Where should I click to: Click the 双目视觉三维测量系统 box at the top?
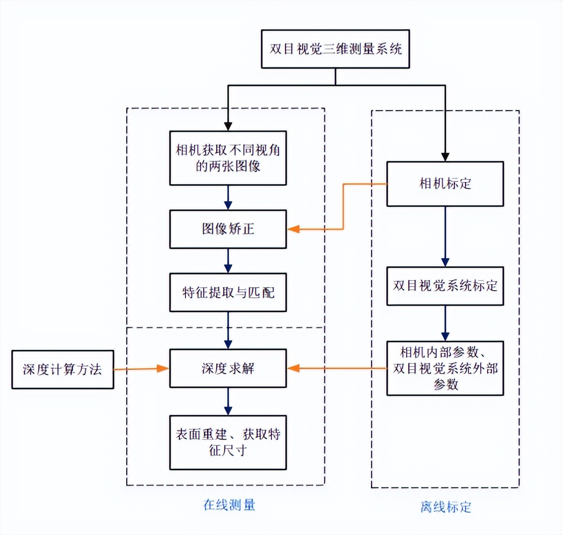click(x=335, y=49)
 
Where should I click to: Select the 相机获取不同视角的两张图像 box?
click(x=228, y=158)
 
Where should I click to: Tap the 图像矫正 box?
click(x=228, y=230)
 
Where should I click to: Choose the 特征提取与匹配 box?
click(x=228, y=292)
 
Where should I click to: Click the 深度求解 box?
click(x=228, y=369)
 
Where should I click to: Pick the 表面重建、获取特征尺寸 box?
click(x=228, y=442)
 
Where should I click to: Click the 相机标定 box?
click(x=445, y=184)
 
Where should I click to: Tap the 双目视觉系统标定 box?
click(x=445, y=286)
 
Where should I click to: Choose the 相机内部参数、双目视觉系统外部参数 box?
click(x=445, y=368)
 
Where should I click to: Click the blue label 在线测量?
click(x=229, y=505)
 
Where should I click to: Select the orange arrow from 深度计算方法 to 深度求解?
click(x=142, y=369)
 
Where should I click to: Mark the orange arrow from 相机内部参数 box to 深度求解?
click(x=339, y=369)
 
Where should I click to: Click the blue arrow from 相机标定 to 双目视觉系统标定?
click(x=445, y=236)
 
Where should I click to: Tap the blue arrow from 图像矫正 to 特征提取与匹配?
click(x=228, y=261)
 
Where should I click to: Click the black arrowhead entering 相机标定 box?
click(x=445, y=156)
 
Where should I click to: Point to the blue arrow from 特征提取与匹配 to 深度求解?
click(x=228, y=330)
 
